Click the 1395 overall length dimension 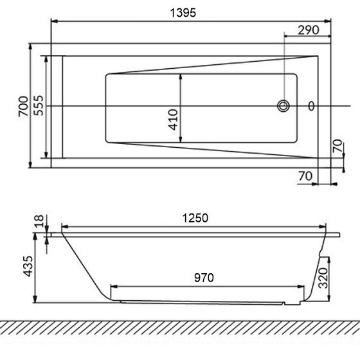183,13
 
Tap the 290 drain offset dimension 309,30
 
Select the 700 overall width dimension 23,106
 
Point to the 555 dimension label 39,105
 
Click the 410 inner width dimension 173,120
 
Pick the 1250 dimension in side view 195,218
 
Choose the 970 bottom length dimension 204,278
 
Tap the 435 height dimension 28,266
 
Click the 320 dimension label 323,278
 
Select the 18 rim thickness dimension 39,221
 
